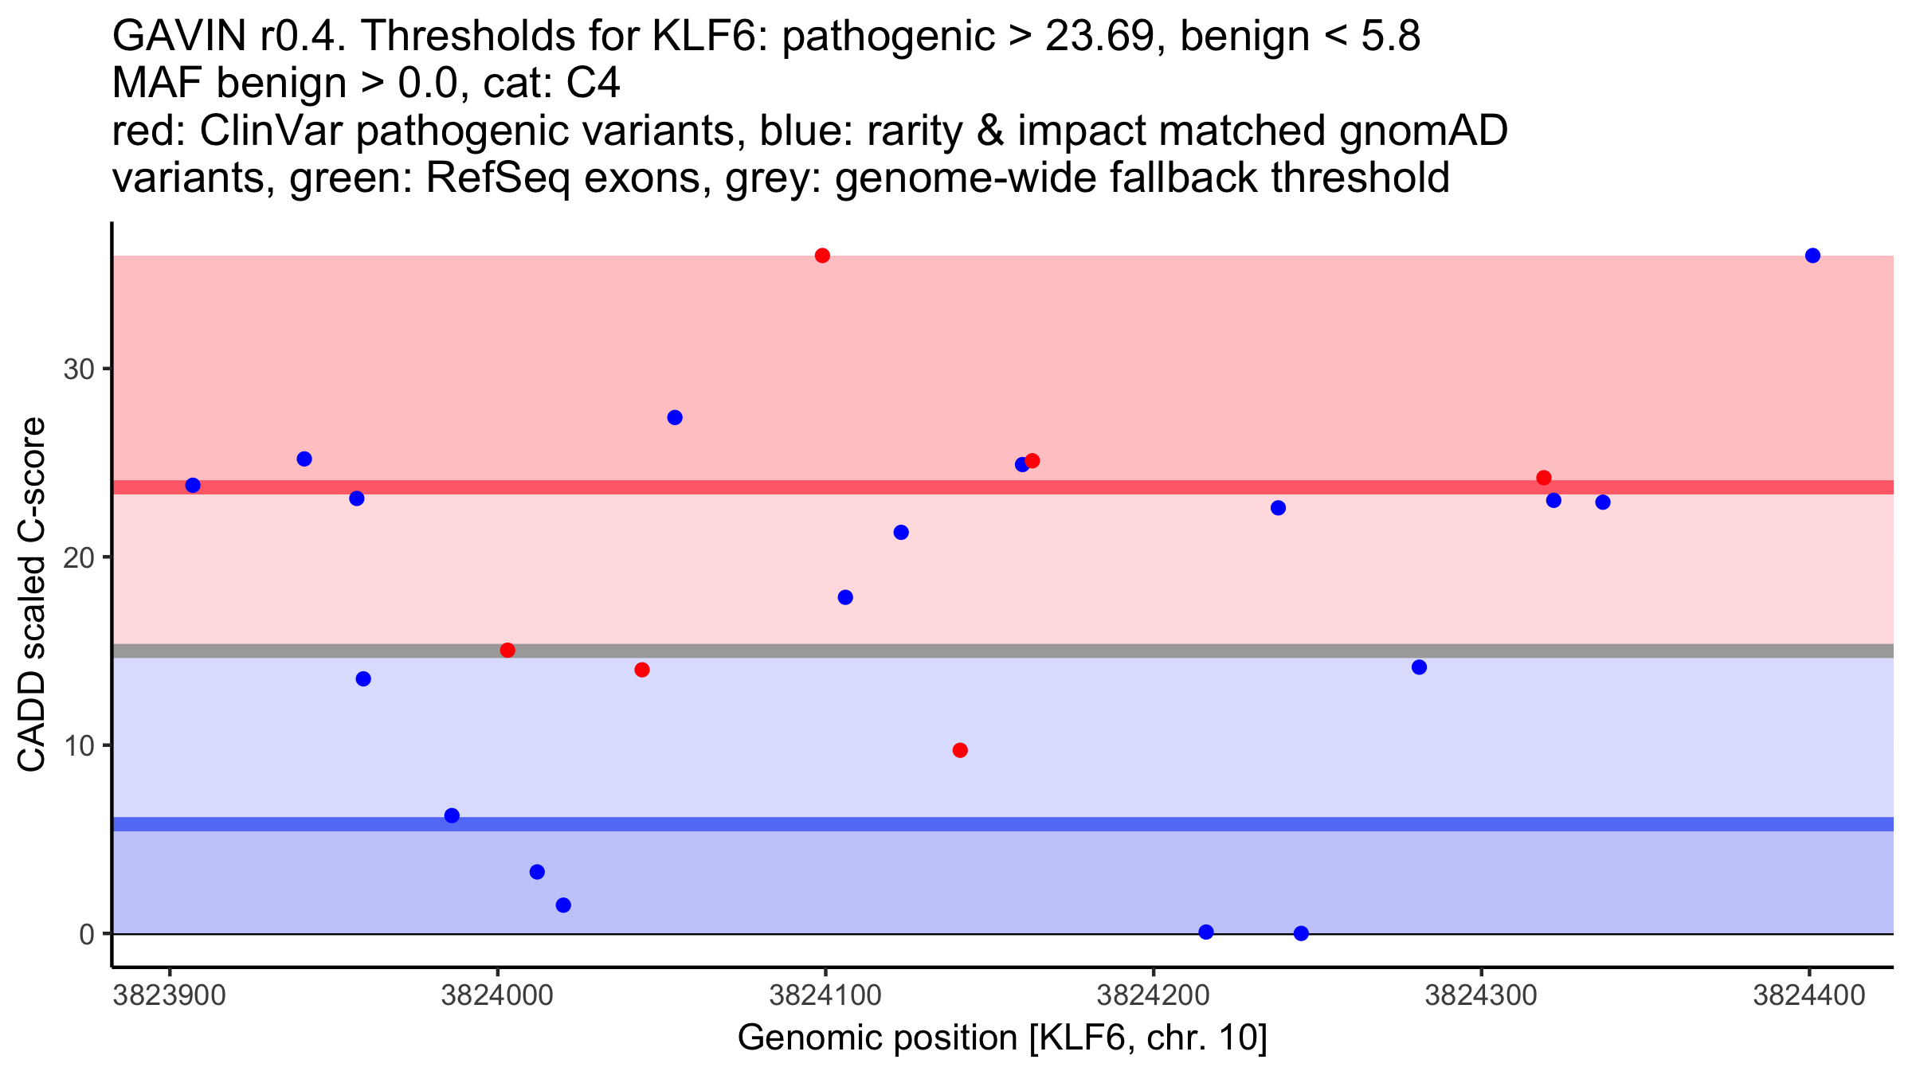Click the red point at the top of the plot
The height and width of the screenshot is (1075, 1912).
pyautogui.click(x=822, y=256)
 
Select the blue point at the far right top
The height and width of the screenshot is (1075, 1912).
pyautogui.click(x=1812, y=256)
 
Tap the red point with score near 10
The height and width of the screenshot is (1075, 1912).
pyautogui.click(x=960, y=750)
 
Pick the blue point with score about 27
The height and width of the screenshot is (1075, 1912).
pyautogui.click(x=675, y=417)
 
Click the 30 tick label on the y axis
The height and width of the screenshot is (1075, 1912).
pyautogui.click(x=78, y=369)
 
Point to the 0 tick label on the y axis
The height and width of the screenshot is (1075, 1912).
pyautogui.click(x=86, y=934)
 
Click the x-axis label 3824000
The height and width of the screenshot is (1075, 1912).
pyautogui.click(x=497, y=996)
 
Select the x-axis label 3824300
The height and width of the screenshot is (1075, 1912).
pyautogui.click(x=1481, y=996)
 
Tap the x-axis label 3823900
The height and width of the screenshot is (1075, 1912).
pyautogui.click(x=169, y=996)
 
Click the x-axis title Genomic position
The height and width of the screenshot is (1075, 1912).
pyautogui.click(x=1002, y=1038)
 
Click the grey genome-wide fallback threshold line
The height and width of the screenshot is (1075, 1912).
pyautogui.click(x=1115, y=651)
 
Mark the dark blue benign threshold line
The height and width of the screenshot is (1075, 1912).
pyautogui.click(x=1115, y=824)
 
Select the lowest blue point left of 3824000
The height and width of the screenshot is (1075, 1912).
pyautogui.click(x=452, y=815)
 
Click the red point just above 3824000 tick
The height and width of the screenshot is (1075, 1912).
pyautogui.click(x=507, y=651)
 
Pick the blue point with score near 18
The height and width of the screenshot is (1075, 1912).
pyautogui.click(x=845, y=597)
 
